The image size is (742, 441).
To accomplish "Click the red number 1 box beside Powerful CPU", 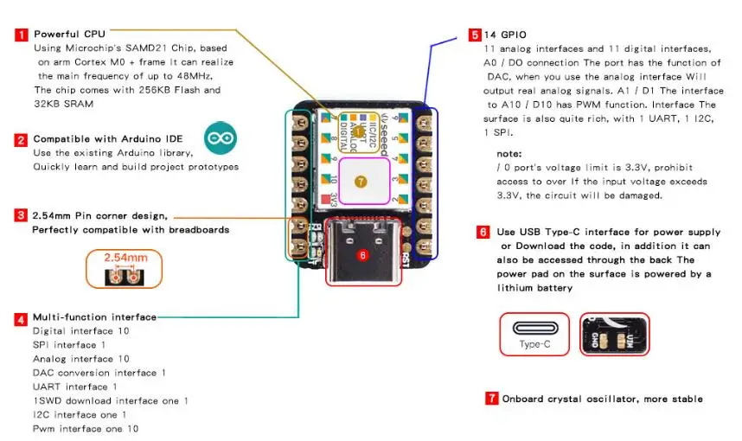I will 21,35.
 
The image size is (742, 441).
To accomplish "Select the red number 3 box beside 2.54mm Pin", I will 21,214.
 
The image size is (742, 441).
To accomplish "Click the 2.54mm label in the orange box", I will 125,258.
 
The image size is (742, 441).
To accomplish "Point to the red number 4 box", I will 21,318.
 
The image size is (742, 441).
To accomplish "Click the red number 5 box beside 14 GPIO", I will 475,35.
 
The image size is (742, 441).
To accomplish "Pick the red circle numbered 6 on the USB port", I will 363,255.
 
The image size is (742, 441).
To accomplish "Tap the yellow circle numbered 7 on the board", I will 361,182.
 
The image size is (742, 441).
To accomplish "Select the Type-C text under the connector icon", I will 534,343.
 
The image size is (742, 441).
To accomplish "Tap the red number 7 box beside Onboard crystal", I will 492,399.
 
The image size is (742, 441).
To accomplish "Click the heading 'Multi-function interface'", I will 94,317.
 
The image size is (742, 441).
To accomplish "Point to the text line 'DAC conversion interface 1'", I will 99,373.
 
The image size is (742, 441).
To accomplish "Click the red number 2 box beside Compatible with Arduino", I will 21,139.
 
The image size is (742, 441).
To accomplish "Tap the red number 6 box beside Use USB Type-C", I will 483,232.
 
